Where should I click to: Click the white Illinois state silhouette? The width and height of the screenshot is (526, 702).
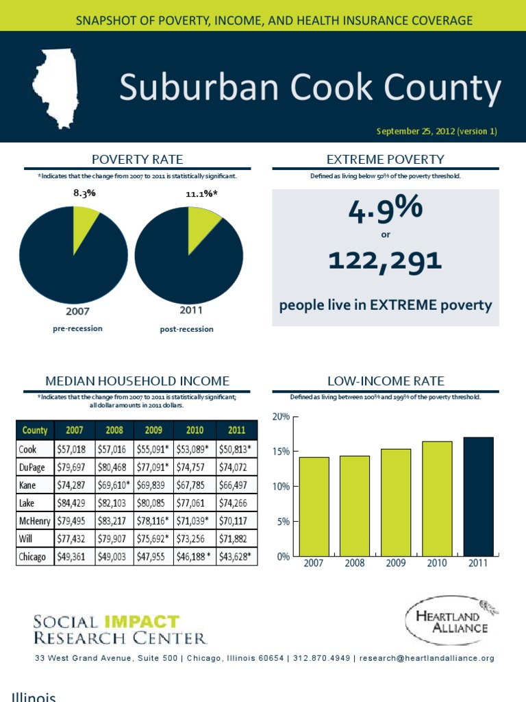click(55, 86)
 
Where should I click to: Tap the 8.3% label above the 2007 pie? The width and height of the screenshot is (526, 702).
click(84, 193)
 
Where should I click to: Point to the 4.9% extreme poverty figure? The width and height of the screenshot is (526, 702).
click(385, 210)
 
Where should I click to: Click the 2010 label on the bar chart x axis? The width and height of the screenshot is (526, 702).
click(437, 563)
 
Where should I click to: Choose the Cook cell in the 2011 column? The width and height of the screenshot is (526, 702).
click(236, 449)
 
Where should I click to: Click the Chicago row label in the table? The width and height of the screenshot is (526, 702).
click(33, 556)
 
